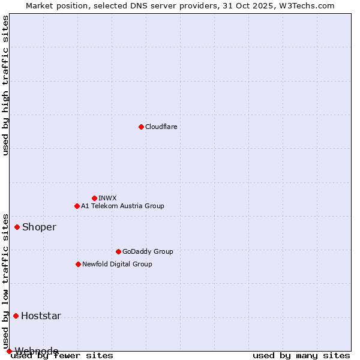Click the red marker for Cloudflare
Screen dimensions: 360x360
tap(141, 127)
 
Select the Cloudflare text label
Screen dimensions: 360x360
tap(161, 127)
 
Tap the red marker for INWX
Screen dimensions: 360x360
tap(94, 198)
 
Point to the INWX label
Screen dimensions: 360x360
tap(107, 198)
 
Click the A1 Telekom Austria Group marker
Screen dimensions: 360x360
tap(77, 206)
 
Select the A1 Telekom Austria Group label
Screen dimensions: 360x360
tap(122, 206)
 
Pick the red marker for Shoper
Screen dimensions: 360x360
tap(17, 227)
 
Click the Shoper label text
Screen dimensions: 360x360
tap(39, 227)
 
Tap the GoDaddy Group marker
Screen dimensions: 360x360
tap(118, 251)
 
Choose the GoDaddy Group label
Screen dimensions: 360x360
tap(147, 251)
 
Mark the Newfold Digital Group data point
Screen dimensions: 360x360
tap(78, 264)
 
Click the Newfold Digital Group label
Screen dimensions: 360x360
tap(117, 264)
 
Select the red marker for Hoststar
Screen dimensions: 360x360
tap(16, 316)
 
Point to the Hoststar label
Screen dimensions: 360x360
tap(41, 316)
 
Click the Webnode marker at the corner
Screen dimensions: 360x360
tap(9, 351)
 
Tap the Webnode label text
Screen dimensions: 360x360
tap(37, 350)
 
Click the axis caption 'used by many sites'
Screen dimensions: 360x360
tap(301, 355)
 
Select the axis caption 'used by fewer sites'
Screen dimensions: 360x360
tap(62, 355)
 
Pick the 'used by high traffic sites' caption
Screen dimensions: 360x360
tap(6, 85)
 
